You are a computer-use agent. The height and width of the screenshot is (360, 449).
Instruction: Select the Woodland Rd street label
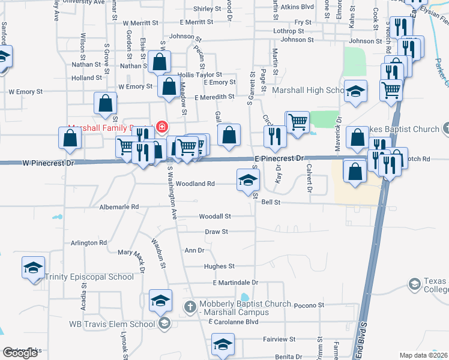click(x=195, y=184)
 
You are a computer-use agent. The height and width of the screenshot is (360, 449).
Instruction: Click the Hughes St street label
click(x=218, y=266)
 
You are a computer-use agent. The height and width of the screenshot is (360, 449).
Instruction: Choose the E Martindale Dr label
click(x=235, y=282)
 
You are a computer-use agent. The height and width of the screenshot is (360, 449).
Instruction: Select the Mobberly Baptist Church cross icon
click(x=190, y=307)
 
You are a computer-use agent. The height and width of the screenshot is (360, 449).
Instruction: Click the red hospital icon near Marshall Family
click(x=161, y=127)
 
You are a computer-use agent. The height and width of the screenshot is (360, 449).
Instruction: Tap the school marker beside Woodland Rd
click(x=248, y=180)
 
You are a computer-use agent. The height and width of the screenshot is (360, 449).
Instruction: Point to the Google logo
click(x=20, y=353)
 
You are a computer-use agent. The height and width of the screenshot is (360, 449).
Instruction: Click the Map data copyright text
click(x=424, y=355)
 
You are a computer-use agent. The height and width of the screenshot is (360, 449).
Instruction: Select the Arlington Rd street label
click(x=88, y=243)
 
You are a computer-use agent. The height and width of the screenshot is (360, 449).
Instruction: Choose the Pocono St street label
click(x=309, y=305)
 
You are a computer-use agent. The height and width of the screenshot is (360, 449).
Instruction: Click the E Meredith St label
click(x=214, y=97)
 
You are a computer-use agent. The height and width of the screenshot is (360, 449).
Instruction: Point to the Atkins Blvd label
click(x=298, y=7)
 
